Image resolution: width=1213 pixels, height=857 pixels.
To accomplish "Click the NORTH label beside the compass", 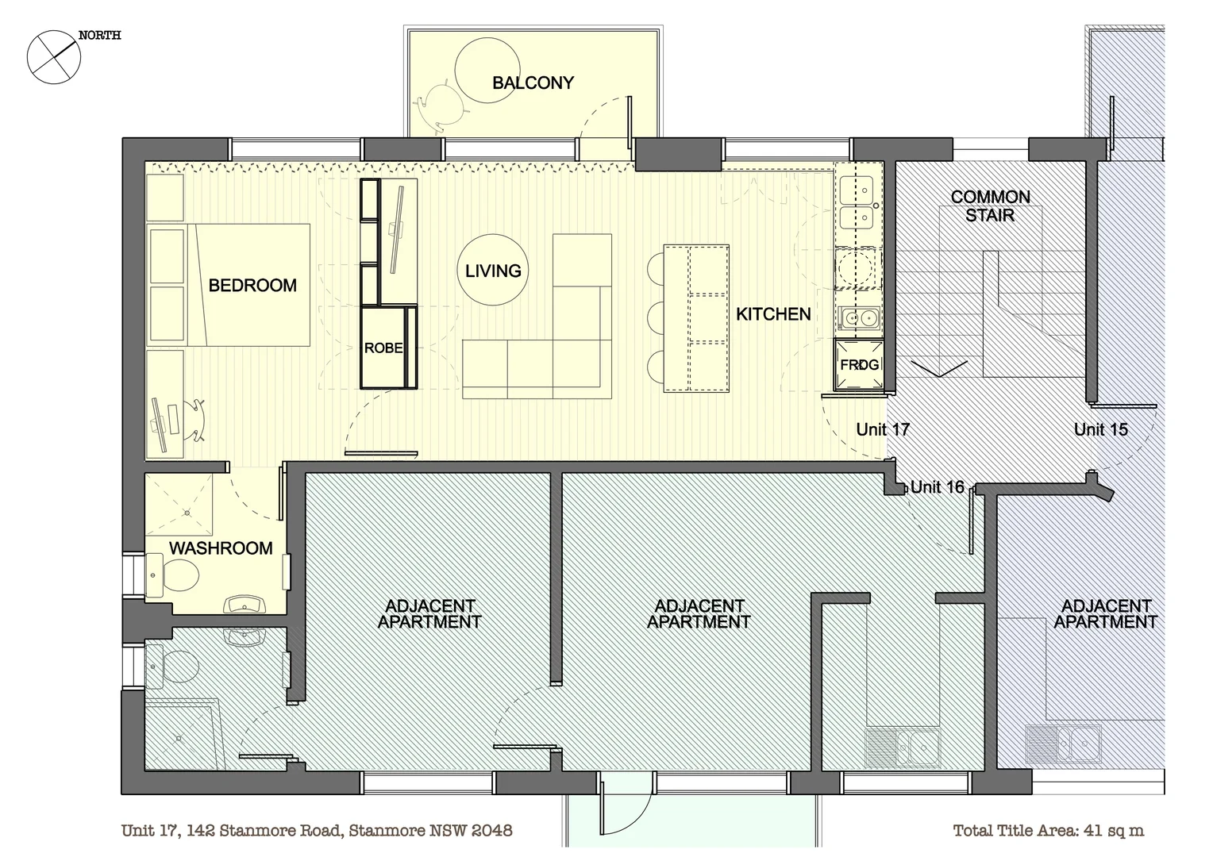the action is pos(100,36).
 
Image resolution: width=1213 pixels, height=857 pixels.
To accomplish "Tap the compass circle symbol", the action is pos(54,57).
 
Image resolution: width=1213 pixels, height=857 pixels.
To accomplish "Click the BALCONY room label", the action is pos(533,83).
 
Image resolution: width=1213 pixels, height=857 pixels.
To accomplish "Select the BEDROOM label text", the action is pos(252,286).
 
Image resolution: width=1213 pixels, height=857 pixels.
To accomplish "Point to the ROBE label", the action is pos(383,348).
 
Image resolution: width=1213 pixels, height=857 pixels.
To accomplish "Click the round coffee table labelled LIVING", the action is pos(492,270).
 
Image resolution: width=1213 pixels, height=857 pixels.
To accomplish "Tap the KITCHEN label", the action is pos(773,314).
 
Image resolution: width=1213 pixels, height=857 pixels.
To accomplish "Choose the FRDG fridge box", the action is pos(859,364).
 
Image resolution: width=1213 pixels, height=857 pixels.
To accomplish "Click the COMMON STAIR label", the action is pos(990,206).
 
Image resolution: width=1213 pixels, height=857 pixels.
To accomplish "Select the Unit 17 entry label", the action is pos(883,429).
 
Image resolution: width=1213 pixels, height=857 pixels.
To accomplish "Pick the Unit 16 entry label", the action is pos(938,486).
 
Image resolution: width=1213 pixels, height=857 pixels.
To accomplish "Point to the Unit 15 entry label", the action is pos(1101,429).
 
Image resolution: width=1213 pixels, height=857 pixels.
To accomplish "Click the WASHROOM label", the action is pos(221,548).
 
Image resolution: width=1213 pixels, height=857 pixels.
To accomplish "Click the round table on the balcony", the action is pos(487,71).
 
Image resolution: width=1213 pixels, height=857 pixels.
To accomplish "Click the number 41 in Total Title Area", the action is pos(1094,831).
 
